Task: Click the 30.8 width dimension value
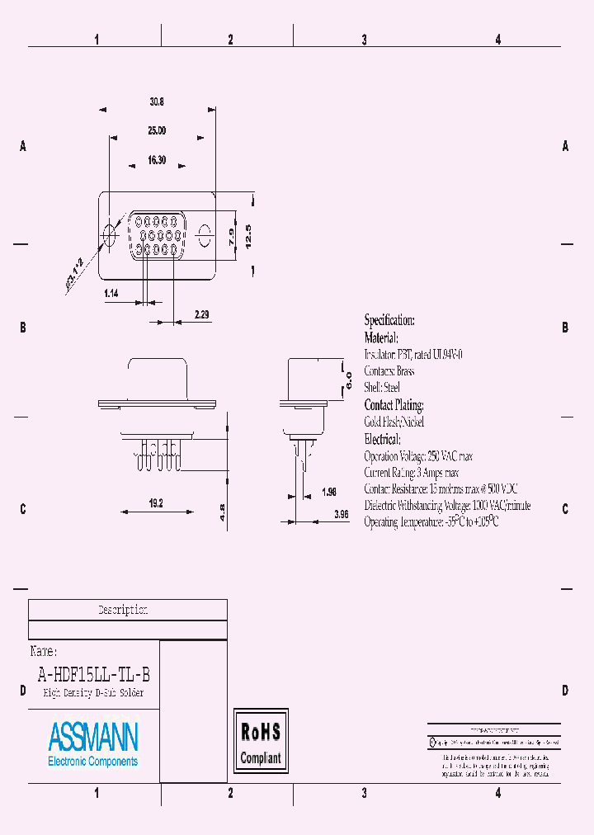pyautogui.click(x=157, y=102)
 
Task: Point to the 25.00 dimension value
pyautogui.click(x=157, y=130)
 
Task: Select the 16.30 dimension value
pyautogui.click(x=157, y=160)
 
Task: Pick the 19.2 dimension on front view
pyautogui.click(x=157, y=502)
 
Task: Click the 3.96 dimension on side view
pyautogui.click(x=341, y=514)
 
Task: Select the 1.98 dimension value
pyautogui.click(x=329, y=492)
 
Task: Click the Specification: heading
pyautogui.click(x=389, y=320)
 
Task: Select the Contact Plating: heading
pyautogui.click(x=394, y=405)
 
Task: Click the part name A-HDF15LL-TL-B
pyautogui.click(x=94, y=673)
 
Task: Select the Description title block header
pyautogui.click(x=123, y=610)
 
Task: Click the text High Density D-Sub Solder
pyautogui.click(x=93, y=693)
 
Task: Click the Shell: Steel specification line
pyautogui.click(x=382, y=387)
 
